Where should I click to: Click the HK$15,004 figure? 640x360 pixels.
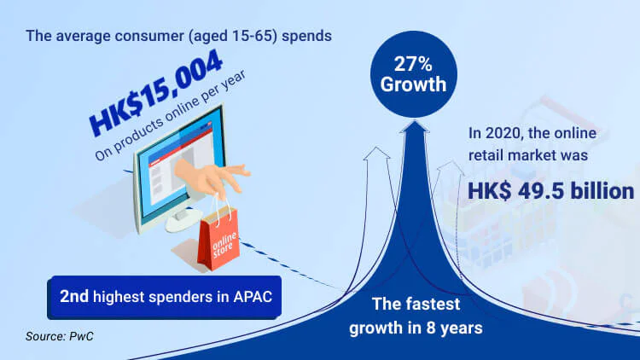coord(155,93)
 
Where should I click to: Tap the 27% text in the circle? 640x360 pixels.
coord(413,64)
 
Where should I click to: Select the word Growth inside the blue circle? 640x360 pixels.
coord(413,84)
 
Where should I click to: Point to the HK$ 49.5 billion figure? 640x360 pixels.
coord(550,191)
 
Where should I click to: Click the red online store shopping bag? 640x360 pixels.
coord(218,238)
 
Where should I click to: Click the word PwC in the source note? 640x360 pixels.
coord(81,336)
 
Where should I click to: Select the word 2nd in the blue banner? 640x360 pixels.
coord(74,296)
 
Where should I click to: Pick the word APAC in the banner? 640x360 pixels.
coord(253,297)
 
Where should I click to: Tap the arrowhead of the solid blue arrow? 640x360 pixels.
coord(414,126)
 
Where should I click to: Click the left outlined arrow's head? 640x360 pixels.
coord(376,153)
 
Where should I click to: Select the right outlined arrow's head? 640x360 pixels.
coord(451,166)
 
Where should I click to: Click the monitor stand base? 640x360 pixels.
coord(183,223)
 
